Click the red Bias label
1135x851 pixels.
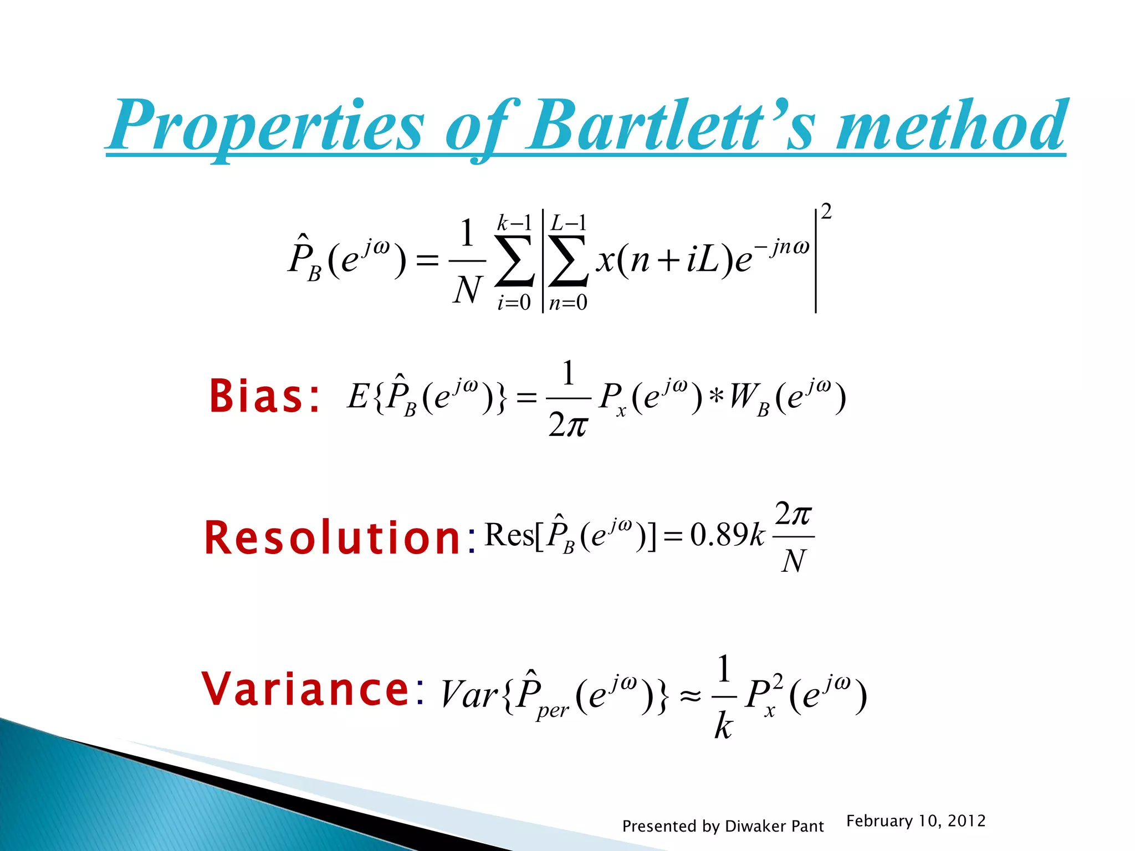[x=264, y=397]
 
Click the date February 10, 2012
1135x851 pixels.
[x=916, y=821]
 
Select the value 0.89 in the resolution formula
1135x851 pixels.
[x=719, y=535]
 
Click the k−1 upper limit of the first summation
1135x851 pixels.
[x=514, y=223]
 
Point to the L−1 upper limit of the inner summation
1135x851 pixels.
[x=568, y=223]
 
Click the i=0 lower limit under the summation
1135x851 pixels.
[x=514, y=303]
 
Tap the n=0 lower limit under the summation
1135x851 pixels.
[x=568, y=303]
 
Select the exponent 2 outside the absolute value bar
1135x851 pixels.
[x=826, y=212]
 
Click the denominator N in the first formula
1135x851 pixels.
[x=467, y=290]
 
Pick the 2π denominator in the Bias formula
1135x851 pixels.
[x=567, y=425]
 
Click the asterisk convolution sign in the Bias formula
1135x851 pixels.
[x=716, y=398]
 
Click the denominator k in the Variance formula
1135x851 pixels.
[x=723, y=726]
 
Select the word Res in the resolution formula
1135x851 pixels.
[x=509, y=535]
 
